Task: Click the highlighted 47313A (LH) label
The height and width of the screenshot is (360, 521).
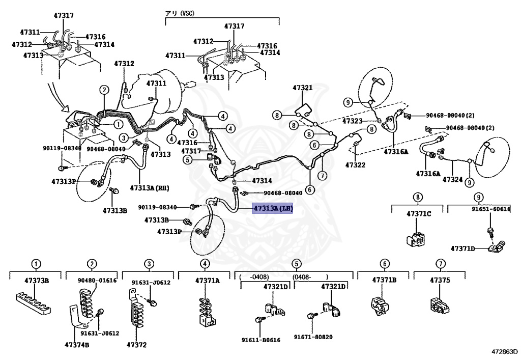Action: pyautogui.click(x=273, y=208)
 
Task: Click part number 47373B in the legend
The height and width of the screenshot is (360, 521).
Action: pyautogui.click(x=36, y=280)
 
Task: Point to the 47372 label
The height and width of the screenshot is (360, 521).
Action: pyautogui.click(x=136, y=345)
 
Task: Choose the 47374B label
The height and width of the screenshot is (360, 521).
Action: pyautogui.click(x=77, y=345)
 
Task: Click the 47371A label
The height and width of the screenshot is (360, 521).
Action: pyautogui.click(x=207, y=280)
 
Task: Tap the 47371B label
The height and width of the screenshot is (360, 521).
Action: pyautogui.click(x=384, y=280)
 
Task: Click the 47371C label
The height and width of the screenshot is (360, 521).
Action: pyautogui.click(x=418, y=213)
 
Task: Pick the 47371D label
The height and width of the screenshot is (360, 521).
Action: pyautogui.click(x=462, y=248)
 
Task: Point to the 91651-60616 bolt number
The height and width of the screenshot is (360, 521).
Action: pyautogui.click(x=490, y=209)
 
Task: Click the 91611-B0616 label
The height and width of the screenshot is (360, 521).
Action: pyautogui.click(x=260, y=340)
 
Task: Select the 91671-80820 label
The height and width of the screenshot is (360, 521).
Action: pyautogui.click(x=313, y=337)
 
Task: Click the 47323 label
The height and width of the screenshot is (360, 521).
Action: pyautogui.click(x=352, y=121)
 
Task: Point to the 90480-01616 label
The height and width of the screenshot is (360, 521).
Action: pyautogui.click(x=97, y=280)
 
